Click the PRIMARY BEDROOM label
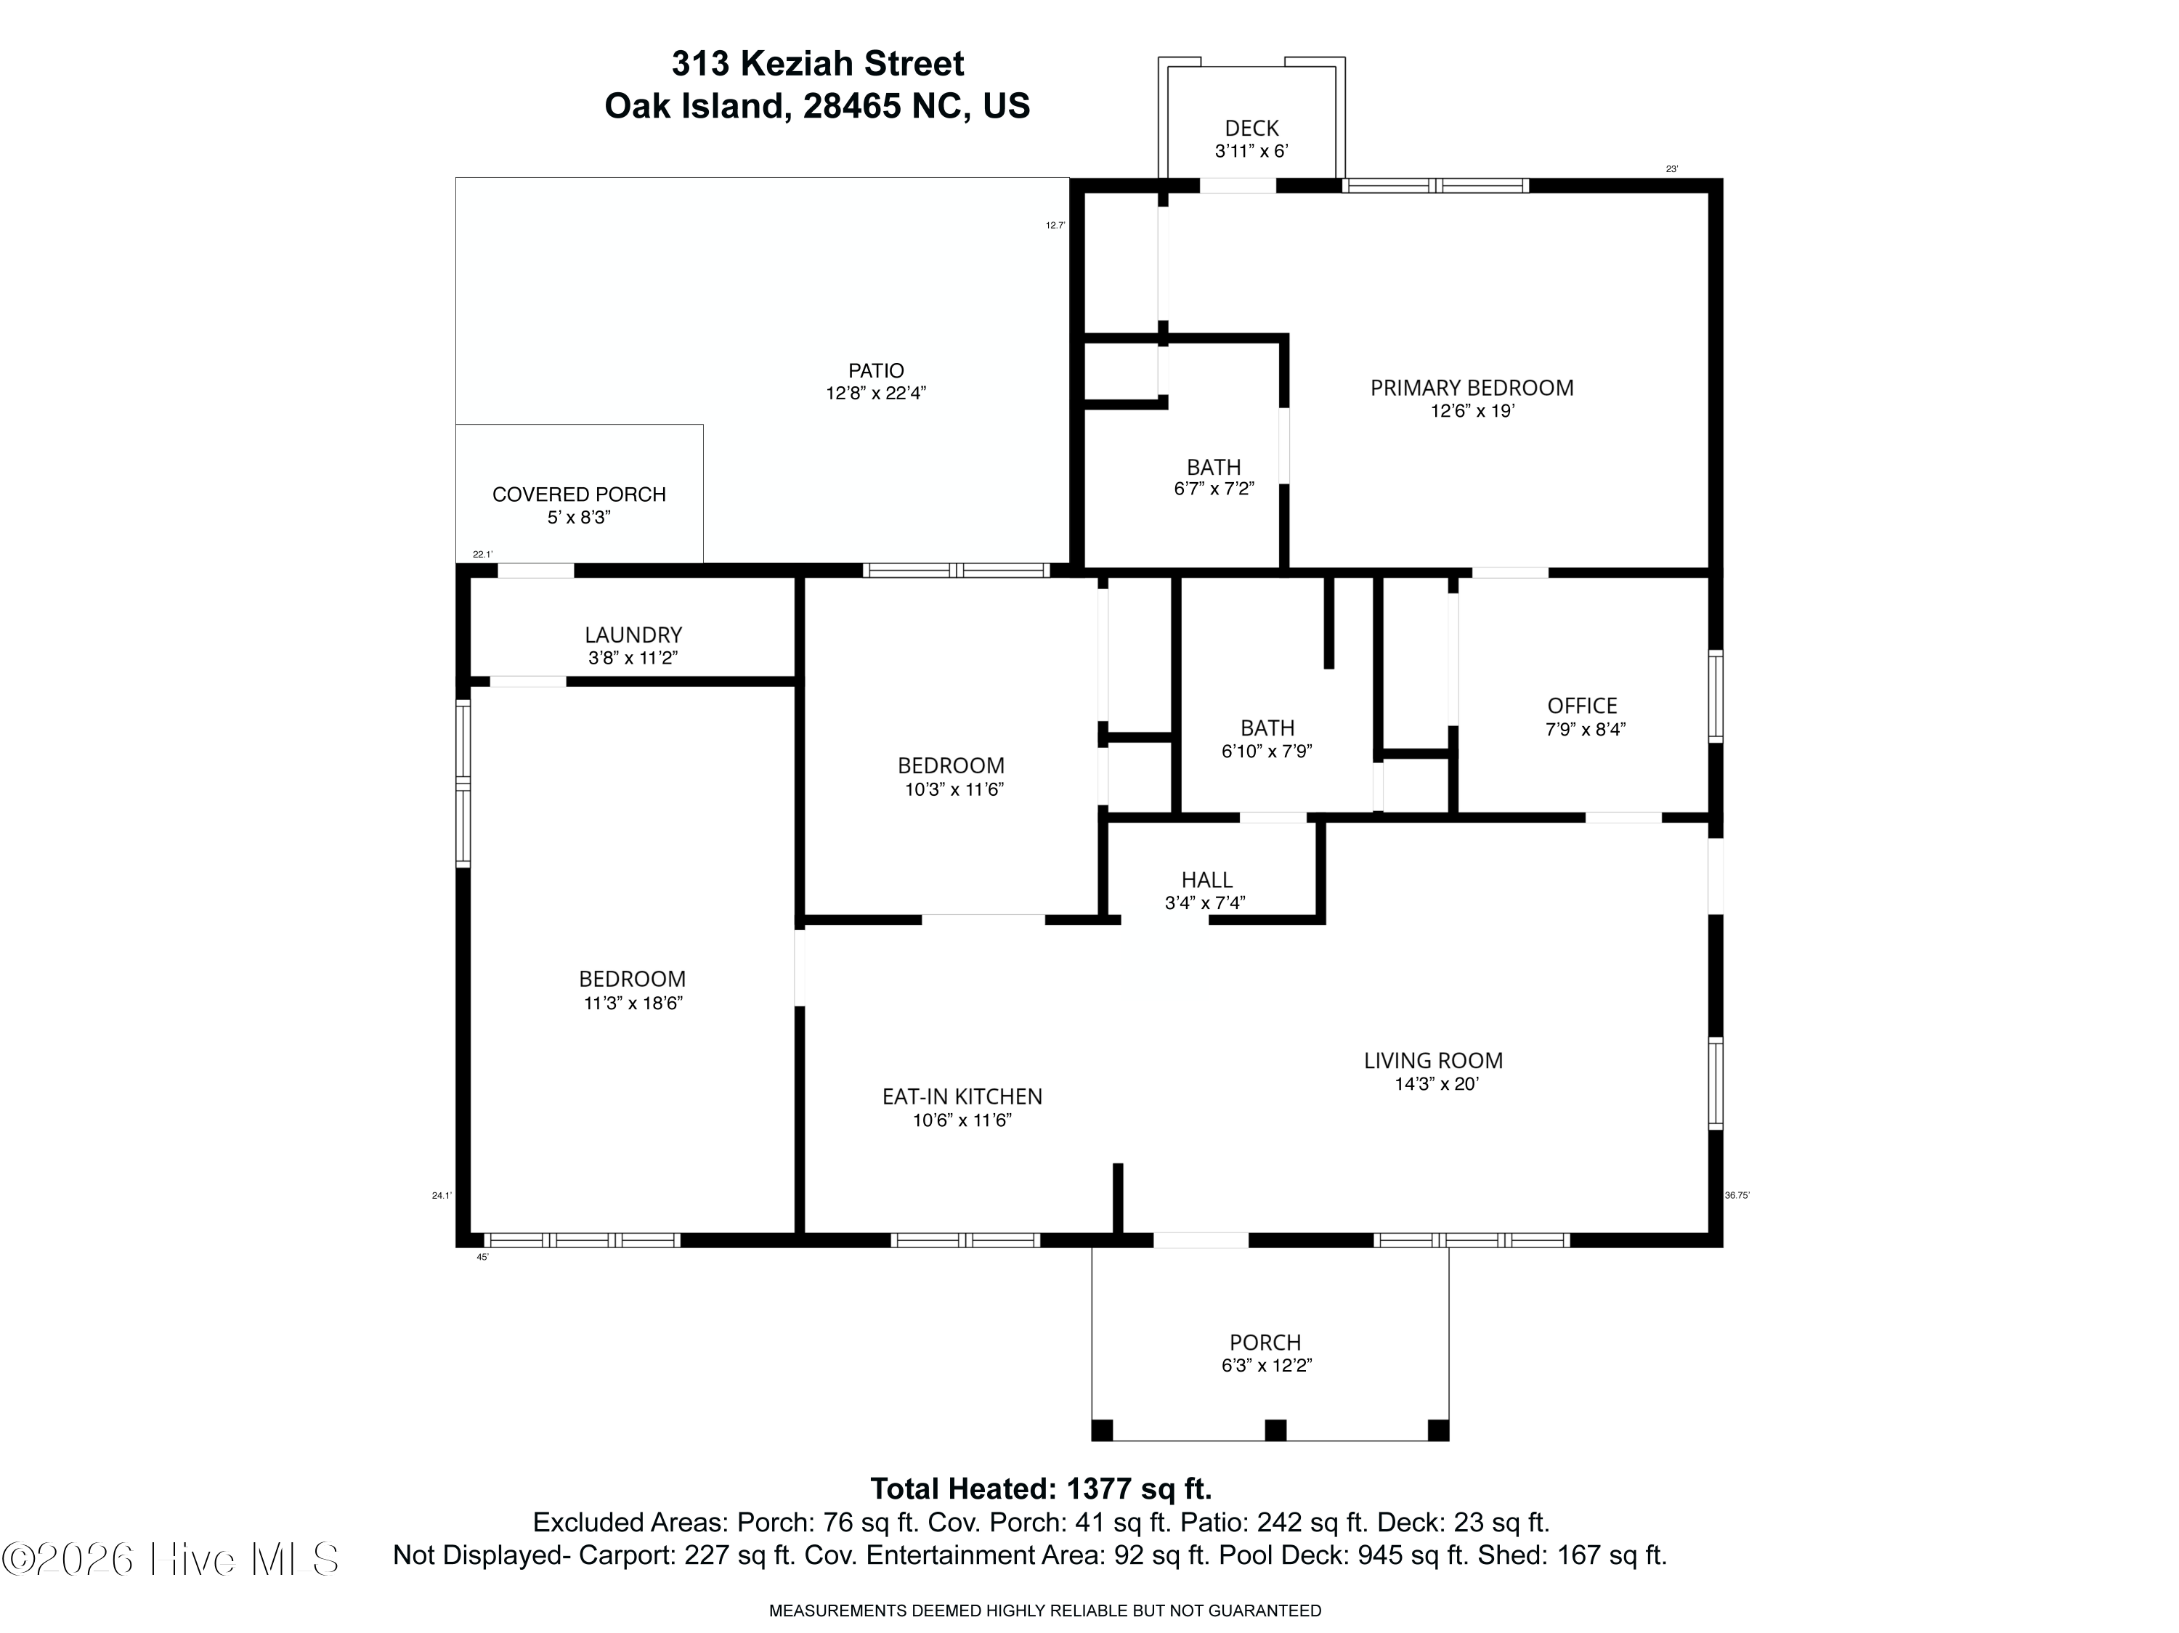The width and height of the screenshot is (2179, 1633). (x=1472, y=388)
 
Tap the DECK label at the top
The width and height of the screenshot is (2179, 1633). (x=1251, y=128)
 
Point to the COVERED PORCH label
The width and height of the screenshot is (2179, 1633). (x=579, y=494)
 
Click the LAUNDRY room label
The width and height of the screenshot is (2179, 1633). (x=633, y=635)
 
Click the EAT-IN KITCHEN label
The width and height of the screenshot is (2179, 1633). (x=962, y=1096)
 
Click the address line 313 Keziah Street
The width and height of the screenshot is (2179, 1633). (x=818, y=64)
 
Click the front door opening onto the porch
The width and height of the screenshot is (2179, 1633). (x=1200, y=1240)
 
